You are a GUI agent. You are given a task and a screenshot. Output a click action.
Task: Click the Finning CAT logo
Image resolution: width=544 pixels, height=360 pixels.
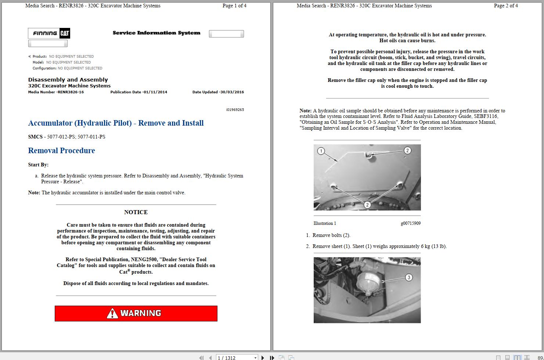[49, 33]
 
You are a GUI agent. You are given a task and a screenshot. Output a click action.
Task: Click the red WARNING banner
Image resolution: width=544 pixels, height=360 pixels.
[136, 313]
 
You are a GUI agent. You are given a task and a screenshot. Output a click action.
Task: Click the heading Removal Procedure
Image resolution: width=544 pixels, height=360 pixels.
[61, 151]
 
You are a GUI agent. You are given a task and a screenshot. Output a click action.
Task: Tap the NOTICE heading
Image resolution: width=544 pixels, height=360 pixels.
[136, 212]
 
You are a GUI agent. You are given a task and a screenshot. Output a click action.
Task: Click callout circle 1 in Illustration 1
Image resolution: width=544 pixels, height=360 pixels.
[321, 151]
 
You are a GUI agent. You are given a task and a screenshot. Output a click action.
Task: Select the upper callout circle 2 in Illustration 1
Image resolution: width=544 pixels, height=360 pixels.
[407, 150]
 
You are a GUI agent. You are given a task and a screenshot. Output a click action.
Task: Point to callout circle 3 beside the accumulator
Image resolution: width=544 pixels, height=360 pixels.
[408, 277]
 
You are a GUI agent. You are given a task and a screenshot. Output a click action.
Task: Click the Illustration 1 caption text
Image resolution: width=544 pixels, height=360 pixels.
[325, 223]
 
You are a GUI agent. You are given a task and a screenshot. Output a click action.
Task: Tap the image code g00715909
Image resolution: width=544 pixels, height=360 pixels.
[411, 223]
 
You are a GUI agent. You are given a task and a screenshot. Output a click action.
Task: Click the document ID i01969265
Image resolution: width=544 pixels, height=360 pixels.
[235, 110]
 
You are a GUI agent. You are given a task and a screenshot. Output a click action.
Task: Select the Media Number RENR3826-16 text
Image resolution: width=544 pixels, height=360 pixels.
[56, 92]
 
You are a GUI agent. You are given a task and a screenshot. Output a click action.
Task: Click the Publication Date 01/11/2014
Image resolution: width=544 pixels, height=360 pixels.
[138, 92]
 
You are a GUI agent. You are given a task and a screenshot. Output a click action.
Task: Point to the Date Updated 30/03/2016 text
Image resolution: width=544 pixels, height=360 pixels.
[218, 92]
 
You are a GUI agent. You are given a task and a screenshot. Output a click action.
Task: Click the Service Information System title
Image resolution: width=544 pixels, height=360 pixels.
[156, 33]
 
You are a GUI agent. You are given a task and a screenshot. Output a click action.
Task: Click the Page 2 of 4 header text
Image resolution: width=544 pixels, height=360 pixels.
[506, 6]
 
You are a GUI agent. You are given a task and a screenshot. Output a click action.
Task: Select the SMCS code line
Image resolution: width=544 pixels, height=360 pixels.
[66, 137]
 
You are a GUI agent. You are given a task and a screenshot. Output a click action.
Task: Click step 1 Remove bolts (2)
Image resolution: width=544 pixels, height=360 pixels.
[331, 235]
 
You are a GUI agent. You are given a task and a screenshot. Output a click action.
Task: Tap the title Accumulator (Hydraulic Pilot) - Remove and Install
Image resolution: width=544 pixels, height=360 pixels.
[116, 123]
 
